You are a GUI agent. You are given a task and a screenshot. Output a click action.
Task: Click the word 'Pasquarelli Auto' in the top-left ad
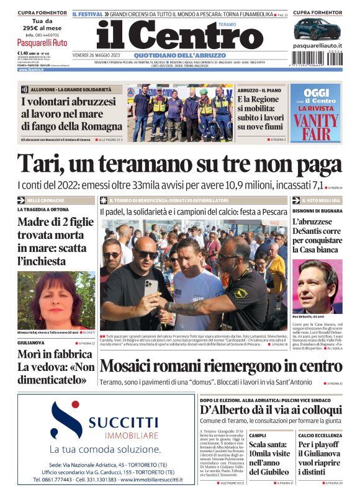point(43,43)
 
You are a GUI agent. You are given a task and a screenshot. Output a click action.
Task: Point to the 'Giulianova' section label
point(30,342)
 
